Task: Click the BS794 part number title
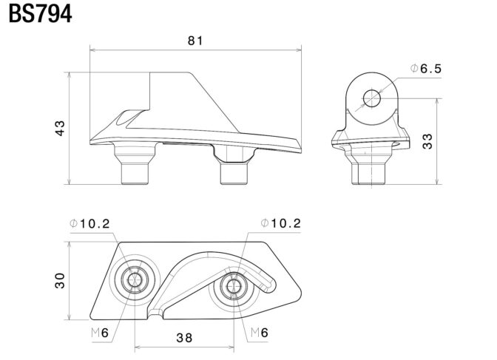(x=41, y=15)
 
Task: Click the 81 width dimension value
(x=195, y=41)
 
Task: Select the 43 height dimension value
(x=60, y=127)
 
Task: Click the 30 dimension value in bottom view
(x=60, y=280)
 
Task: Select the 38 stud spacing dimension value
(x=184, y=338)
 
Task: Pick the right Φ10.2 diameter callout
(x=281, y=223)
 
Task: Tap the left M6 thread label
(x=101, y=333)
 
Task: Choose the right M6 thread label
(x=259, y=333)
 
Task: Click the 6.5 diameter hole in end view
(x=371, y=98)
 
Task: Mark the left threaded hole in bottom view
(x=135, y=279)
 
